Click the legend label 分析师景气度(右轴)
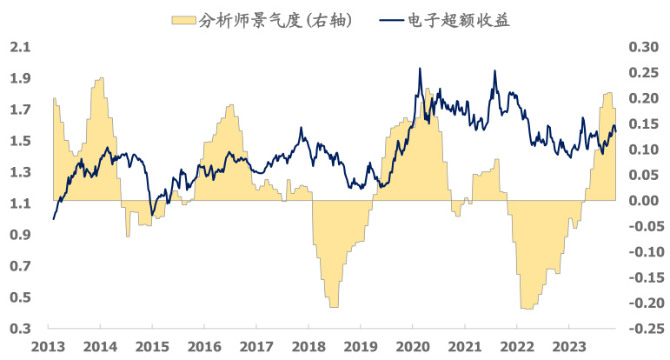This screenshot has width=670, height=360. (x=277, y=20)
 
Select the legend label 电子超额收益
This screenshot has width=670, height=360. (x=458, y=20)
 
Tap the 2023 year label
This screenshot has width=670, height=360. (x=567, y=346)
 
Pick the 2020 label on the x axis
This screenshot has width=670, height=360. (x=412, y=346)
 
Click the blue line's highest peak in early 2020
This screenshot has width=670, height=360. (x=421, y=69)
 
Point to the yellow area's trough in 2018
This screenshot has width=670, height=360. (x=334, y=306)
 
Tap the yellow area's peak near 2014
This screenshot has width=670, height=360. (x=100, y=78)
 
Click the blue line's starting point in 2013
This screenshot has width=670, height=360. (x=53, y=218)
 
